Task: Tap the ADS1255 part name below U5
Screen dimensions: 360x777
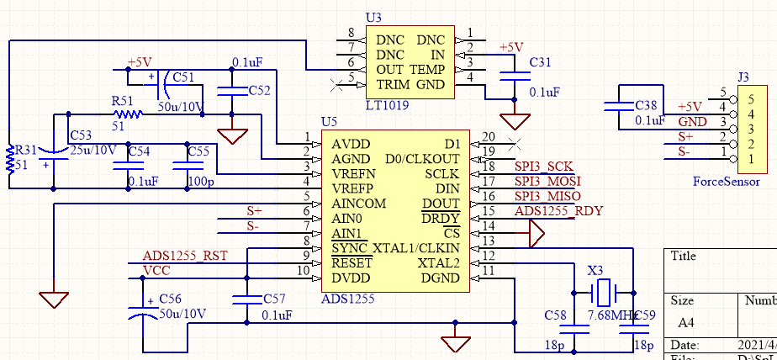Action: click(347, 297)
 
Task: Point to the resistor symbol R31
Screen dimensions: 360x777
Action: click(10, 157)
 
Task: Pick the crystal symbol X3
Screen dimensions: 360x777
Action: click(605, 293)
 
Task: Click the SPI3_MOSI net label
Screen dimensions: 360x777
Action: click(547, 181)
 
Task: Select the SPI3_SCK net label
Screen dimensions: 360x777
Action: click(543, 166)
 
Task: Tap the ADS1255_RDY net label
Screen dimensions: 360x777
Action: click(558, 211)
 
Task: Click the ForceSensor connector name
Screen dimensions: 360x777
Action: click(726, 181)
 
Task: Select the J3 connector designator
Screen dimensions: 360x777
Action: click(743, 77)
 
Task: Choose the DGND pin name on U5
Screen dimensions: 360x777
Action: click(440, 278)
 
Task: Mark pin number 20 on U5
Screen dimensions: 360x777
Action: click(489, 136)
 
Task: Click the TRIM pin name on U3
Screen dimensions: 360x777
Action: click(393, 84)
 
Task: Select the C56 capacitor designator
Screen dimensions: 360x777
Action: click(170, 299)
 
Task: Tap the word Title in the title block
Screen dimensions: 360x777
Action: click(684, 257)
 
